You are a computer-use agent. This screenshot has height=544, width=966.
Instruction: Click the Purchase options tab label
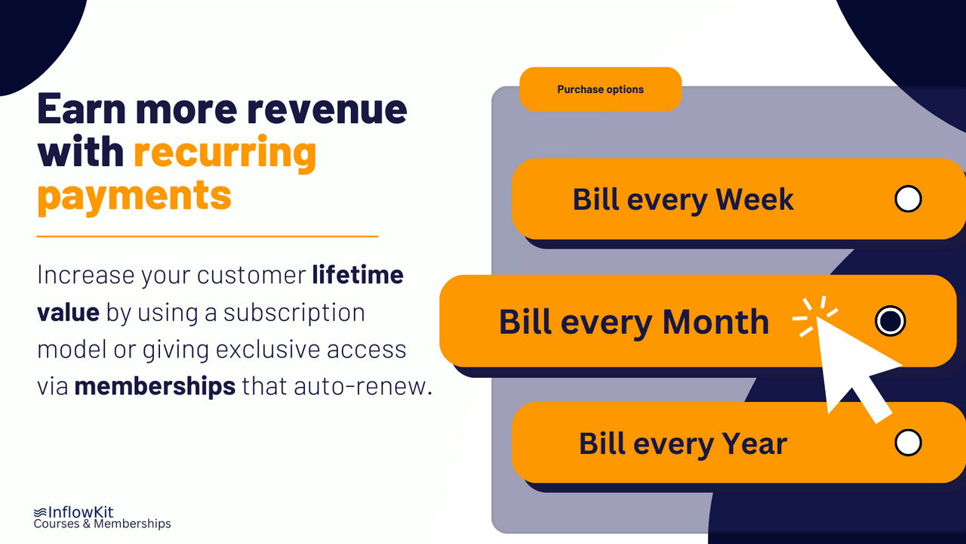[x=600, y=89]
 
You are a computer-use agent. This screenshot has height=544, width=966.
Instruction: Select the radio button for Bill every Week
[x=907, y=199]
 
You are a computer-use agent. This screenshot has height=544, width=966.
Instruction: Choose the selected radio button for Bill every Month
[x=890, y=321]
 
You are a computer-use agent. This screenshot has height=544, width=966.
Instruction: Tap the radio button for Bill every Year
[x=907, y=443]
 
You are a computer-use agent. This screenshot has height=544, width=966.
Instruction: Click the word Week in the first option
[x=754, y=199]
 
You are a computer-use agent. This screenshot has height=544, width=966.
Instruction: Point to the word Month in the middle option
[x=715, y=322]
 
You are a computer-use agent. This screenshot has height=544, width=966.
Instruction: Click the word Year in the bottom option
[x=754, y=444]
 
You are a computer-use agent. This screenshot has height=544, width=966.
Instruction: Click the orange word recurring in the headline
[x=225, y=153]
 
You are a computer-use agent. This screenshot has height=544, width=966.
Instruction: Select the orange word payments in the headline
[x=134, y=196]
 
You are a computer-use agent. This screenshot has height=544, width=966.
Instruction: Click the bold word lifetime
[x=358, y=275]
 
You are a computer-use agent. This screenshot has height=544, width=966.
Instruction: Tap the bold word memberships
[x=155, y=386]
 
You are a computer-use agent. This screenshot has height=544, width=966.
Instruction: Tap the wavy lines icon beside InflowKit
[x=40, y=512]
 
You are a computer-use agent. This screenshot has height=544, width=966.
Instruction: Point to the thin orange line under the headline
[x=207, y=236]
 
